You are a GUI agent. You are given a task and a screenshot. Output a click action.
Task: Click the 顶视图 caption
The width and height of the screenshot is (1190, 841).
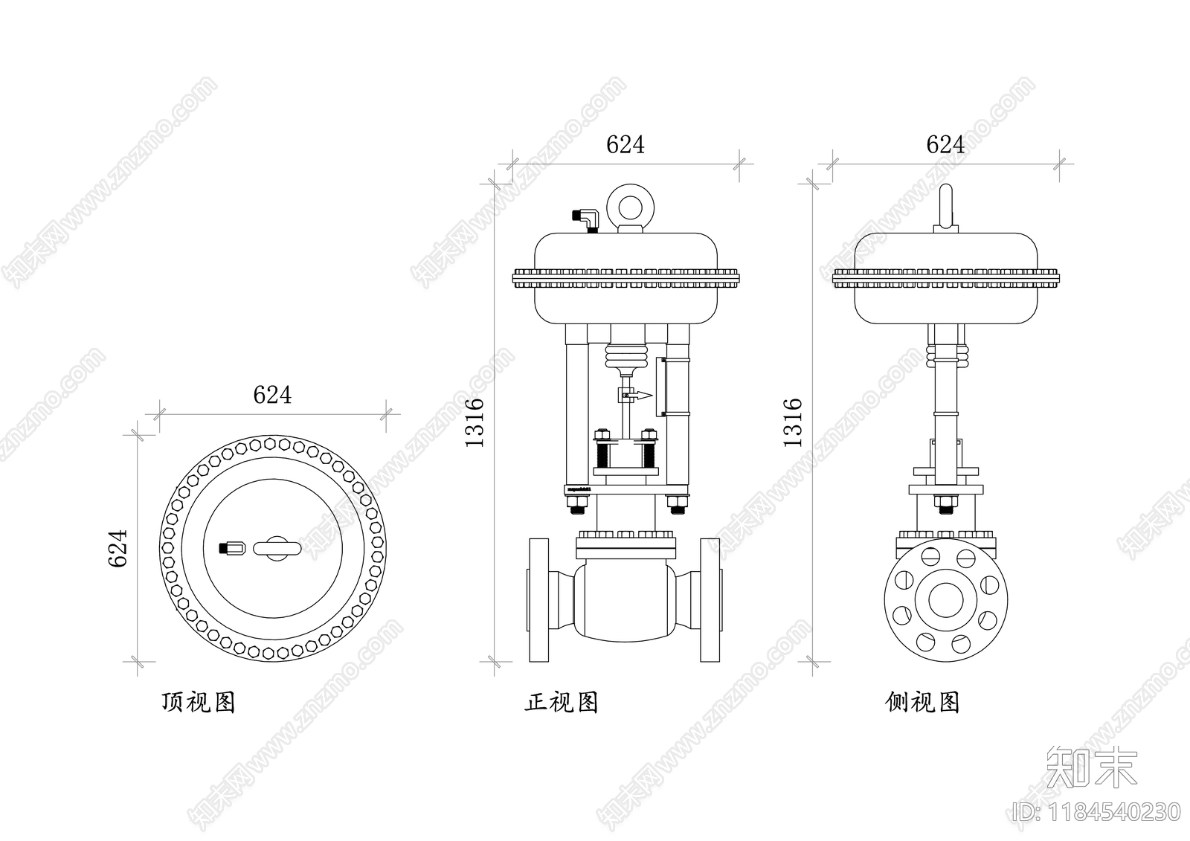click(198, 702)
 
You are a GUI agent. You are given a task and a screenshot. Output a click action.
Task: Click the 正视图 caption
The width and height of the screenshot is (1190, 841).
click(561, 702)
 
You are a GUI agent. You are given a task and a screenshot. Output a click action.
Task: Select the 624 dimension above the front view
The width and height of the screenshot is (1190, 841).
click(625, 144)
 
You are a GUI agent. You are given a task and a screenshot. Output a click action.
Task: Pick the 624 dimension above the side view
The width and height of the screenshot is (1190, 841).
click(945, 144)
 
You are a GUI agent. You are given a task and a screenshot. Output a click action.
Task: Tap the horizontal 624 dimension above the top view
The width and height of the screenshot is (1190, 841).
click(272, 395)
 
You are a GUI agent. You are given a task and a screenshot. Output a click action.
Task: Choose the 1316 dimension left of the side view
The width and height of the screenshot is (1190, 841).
click(794, 422)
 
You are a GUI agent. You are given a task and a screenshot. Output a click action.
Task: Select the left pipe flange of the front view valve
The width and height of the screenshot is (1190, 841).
click(538, 599)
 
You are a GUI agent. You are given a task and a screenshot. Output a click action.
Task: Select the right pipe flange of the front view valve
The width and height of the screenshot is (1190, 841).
click(710, 599)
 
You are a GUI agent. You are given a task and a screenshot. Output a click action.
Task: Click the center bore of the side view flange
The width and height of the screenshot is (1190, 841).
click(945, 599)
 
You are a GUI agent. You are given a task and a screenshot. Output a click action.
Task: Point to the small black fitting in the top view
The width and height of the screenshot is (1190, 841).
click(231, 549)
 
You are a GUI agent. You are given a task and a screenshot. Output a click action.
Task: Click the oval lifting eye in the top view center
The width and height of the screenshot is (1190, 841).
click(276, 549)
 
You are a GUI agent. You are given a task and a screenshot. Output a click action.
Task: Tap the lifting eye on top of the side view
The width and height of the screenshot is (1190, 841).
click(945, 207)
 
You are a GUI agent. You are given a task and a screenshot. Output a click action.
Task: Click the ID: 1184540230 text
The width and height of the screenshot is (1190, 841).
click(1097, 812)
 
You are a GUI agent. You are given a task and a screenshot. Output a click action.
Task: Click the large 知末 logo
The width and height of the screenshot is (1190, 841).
click(1091, 766)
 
